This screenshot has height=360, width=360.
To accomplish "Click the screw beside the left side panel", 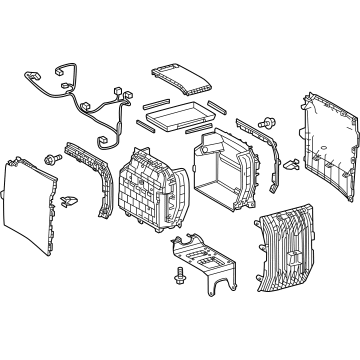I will coord(50,158).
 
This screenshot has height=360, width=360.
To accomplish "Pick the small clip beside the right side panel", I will coord(291,164).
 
